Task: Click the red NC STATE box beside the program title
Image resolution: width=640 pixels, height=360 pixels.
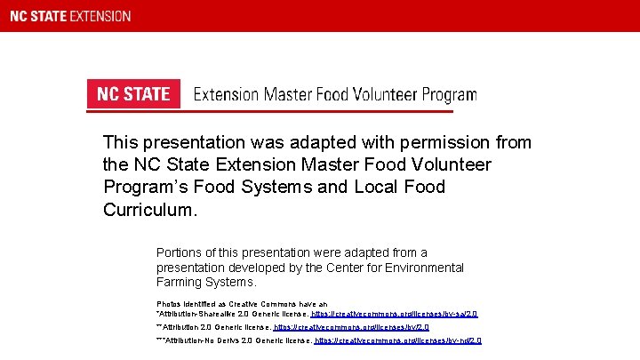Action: [x=133, y=94]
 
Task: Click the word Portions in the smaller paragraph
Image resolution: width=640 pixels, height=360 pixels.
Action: [x=180, y=252]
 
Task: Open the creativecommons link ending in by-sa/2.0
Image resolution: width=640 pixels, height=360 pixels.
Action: [x=394, y=314]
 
